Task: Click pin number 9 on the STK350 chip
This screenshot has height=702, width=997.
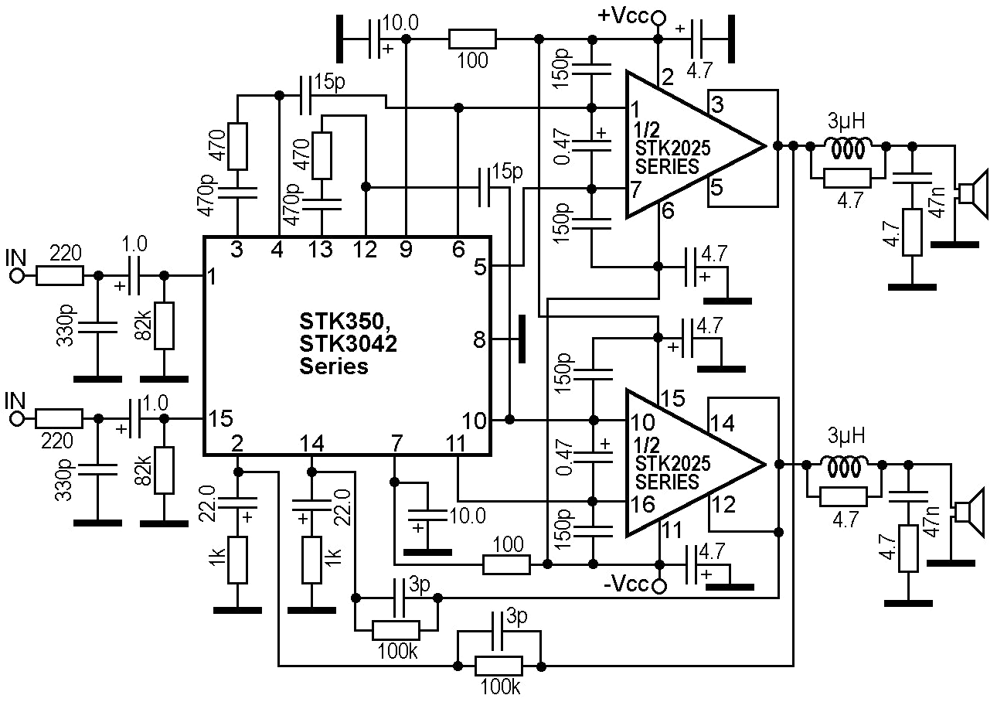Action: click(406, 250)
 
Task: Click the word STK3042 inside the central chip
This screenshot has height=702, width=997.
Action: click(348, 343)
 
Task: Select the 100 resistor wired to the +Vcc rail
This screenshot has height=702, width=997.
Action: click(472, 39)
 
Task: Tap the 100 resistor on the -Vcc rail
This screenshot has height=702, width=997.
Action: click(506, 565)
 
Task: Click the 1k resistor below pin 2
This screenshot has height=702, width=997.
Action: click(238, 561)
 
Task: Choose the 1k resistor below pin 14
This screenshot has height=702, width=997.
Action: click(311, 561)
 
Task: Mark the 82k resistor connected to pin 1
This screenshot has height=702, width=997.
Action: click(164, 325)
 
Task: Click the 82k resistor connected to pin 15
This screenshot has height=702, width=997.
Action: click(164, 469)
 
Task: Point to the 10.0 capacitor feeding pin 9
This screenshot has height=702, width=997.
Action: click(376, 39)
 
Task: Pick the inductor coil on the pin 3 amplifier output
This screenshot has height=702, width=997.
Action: click(848, 145)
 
